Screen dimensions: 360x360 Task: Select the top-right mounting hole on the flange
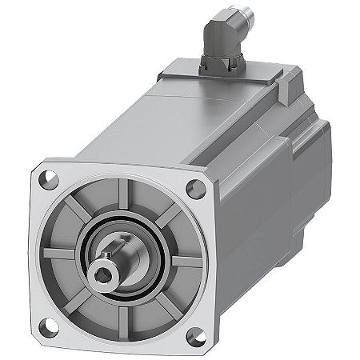click(193, 189)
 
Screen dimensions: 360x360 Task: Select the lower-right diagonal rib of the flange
click(160, 307)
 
